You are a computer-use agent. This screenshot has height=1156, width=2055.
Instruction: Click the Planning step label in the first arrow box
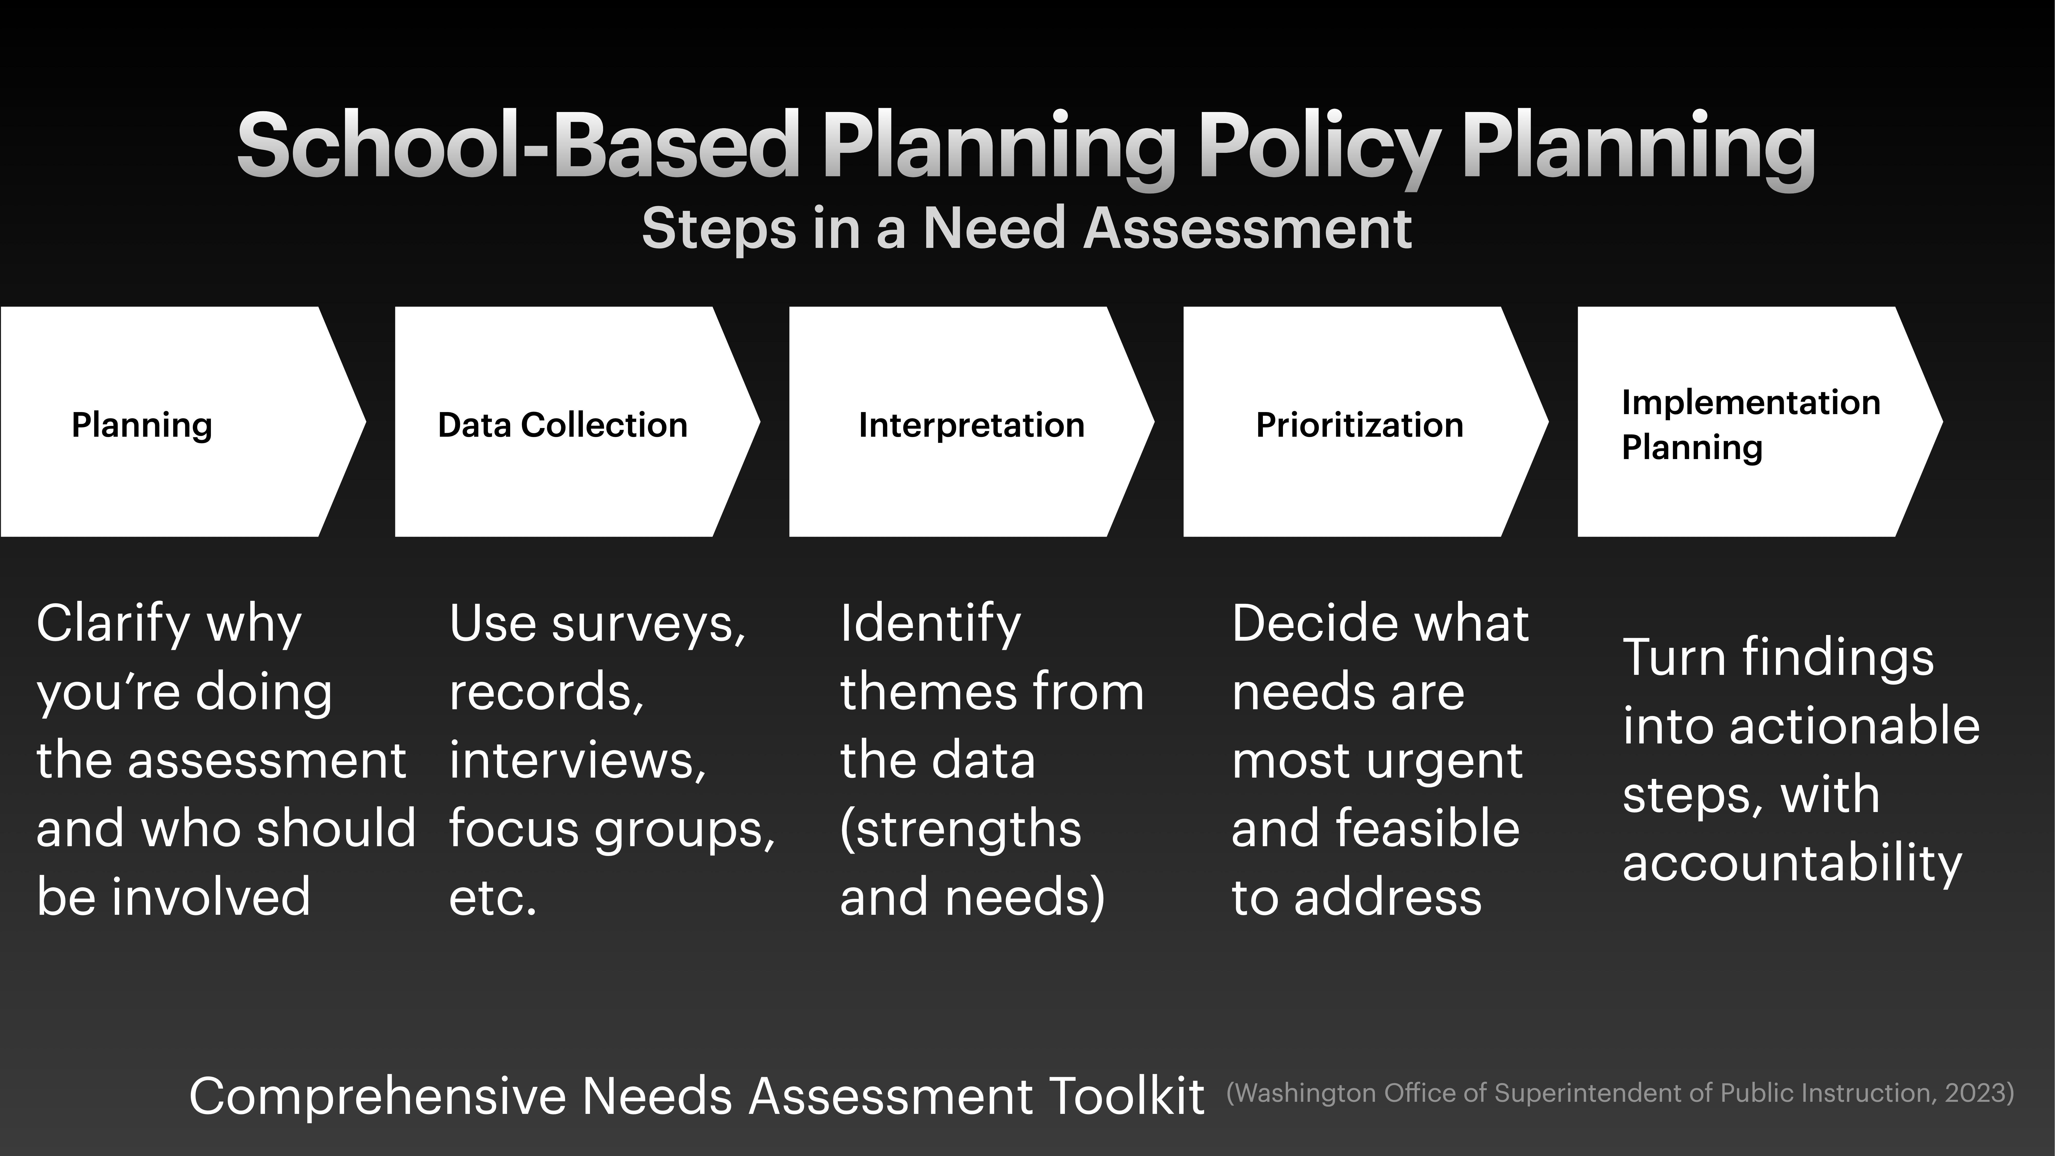(x=142, y=425)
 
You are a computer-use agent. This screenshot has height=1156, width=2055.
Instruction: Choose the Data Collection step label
(x=562, y=425)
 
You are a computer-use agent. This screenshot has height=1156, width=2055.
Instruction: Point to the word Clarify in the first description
(x=112, y=625)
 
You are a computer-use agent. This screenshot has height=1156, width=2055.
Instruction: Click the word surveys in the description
(x=648, y=625)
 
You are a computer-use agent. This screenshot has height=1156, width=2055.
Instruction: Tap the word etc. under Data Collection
(x=493, y=898)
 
